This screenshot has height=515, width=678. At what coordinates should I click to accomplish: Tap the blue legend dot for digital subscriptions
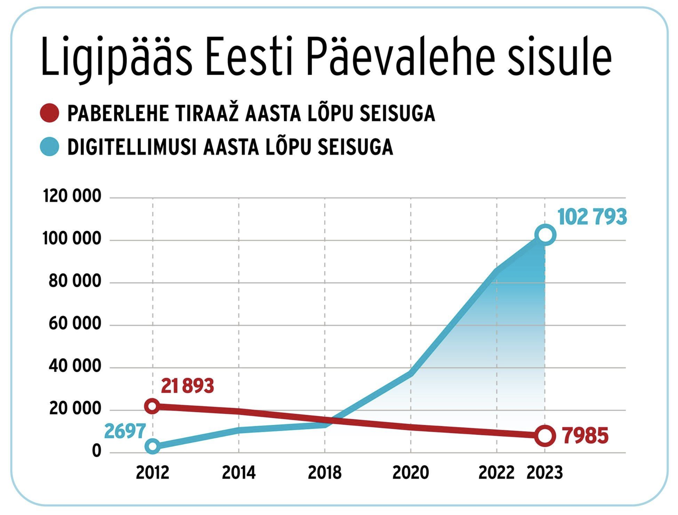tap(50, 147)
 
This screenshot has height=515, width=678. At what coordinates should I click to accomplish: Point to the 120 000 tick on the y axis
tap(72, 196)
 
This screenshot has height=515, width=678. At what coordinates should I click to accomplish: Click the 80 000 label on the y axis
tap(75, 281)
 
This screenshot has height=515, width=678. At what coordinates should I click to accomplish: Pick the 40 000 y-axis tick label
tap(75, 366)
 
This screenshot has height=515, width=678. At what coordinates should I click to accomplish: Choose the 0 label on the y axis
tap(96, 451)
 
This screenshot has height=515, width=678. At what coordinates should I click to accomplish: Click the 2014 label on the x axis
tap(239, 473)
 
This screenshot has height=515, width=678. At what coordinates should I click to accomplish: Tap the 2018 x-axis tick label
tap(325, 473)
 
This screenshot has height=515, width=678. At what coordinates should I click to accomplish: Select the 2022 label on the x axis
tap(496, 473)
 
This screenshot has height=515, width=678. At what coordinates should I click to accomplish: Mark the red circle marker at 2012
tap(152, 406)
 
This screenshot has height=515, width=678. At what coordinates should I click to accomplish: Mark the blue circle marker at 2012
tap(152, 446)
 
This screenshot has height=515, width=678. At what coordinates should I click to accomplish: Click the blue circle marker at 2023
tap(545, 235)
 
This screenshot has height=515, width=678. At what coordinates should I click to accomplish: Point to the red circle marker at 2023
tap(545, 436)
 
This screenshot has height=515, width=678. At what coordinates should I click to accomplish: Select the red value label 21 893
tap(187, 386)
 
